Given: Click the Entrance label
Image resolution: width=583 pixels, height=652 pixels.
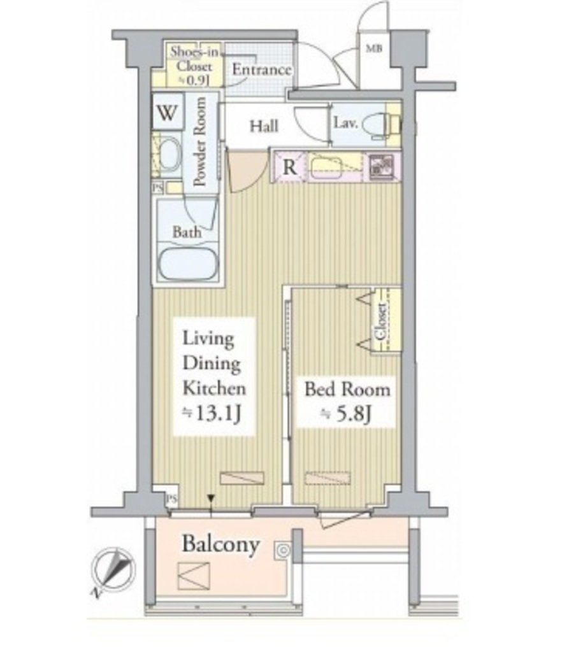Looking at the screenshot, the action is point(261,69).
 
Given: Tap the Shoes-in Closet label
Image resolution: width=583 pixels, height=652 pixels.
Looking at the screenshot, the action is point(194,66).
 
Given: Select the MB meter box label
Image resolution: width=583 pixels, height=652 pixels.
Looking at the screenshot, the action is point(373,48).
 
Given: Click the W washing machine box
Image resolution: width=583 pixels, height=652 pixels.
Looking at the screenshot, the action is point(168,111).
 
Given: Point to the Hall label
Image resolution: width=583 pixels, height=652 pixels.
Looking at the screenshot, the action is point(264,126).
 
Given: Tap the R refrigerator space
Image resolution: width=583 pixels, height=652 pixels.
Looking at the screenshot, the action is point(290,167).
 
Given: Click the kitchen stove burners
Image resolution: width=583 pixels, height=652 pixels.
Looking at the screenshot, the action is point(382,167).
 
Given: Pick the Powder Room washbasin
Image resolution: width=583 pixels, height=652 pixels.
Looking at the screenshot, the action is point(169,154).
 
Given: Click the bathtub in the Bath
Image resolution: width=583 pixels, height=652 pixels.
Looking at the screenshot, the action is point(188,264).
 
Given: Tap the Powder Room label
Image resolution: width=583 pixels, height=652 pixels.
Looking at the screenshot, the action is point(200,141).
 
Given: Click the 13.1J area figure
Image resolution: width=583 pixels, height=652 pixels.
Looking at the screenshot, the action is point(212,414).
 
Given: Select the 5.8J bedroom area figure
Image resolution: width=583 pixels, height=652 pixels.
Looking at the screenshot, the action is point(345,414).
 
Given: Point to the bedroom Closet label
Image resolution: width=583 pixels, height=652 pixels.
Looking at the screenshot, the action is point(381,321).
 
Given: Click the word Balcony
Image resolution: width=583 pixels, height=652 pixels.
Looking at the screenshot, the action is point(221,544).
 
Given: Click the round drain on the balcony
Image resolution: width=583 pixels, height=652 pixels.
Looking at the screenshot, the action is point(284,551).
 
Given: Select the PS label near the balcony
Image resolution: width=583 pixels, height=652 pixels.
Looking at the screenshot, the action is point(171,499).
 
